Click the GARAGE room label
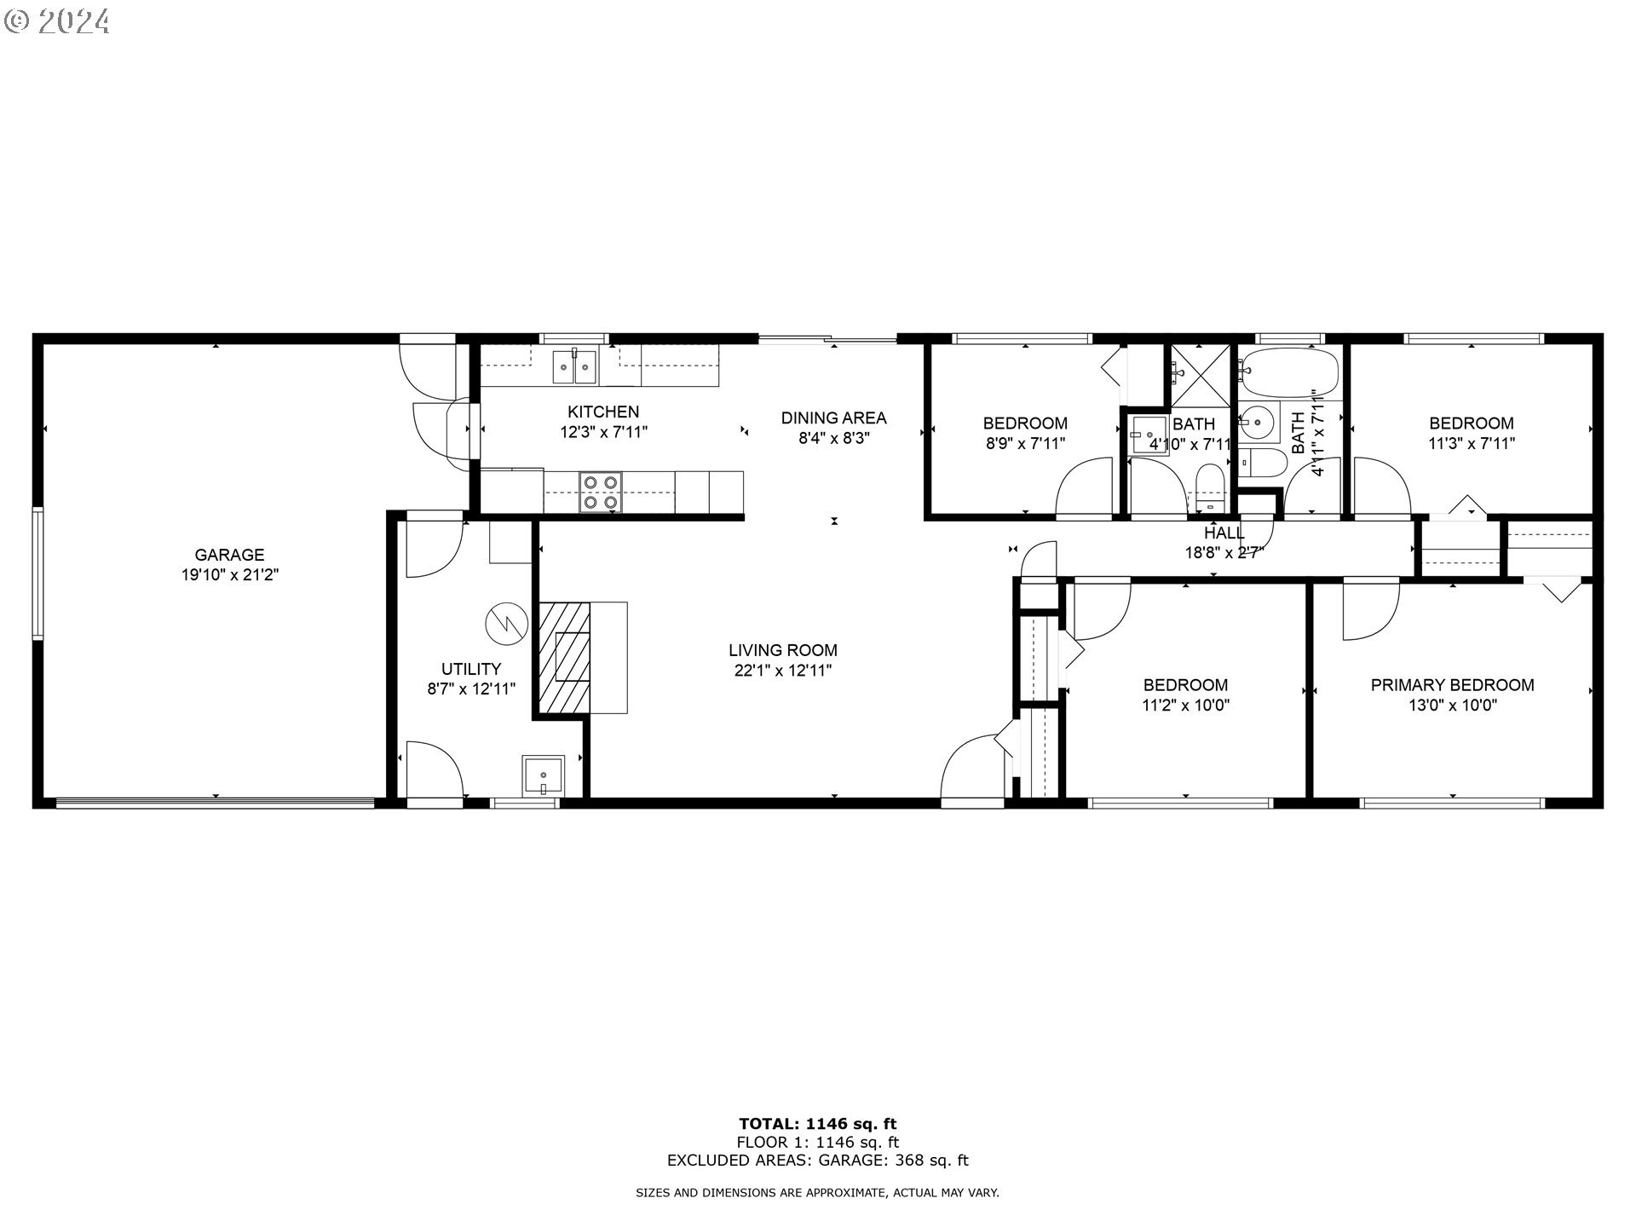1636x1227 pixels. [229, 555]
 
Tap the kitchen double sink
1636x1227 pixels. [575, 367]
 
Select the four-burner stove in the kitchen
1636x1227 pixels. [600, 493]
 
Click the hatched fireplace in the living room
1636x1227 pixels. [564, 657]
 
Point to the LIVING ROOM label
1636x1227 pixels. [782, 650]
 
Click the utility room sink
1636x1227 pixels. [543, 776]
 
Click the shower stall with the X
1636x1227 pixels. [1200, 376]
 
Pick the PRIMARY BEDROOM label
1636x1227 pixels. [1452, 685]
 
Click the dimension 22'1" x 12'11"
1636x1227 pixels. [782, 671]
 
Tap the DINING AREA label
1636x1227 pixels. [833, 418]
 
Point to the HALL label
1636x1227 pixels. [1224, 533]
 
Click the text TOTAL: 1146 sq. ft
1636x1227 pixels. [817, 1124]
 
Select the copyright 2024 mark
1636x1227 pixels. [58, 20]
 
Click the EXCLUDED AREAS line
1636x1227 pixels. [817, 1161]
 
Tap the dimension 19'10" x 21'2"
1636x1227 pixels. [229, 575]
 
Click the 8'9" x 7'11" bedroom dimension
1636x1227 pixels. [1025, 443]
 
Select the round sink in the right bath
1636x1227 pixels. [1257, 420]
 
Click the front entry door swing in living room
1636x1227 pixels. [971, 767]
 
